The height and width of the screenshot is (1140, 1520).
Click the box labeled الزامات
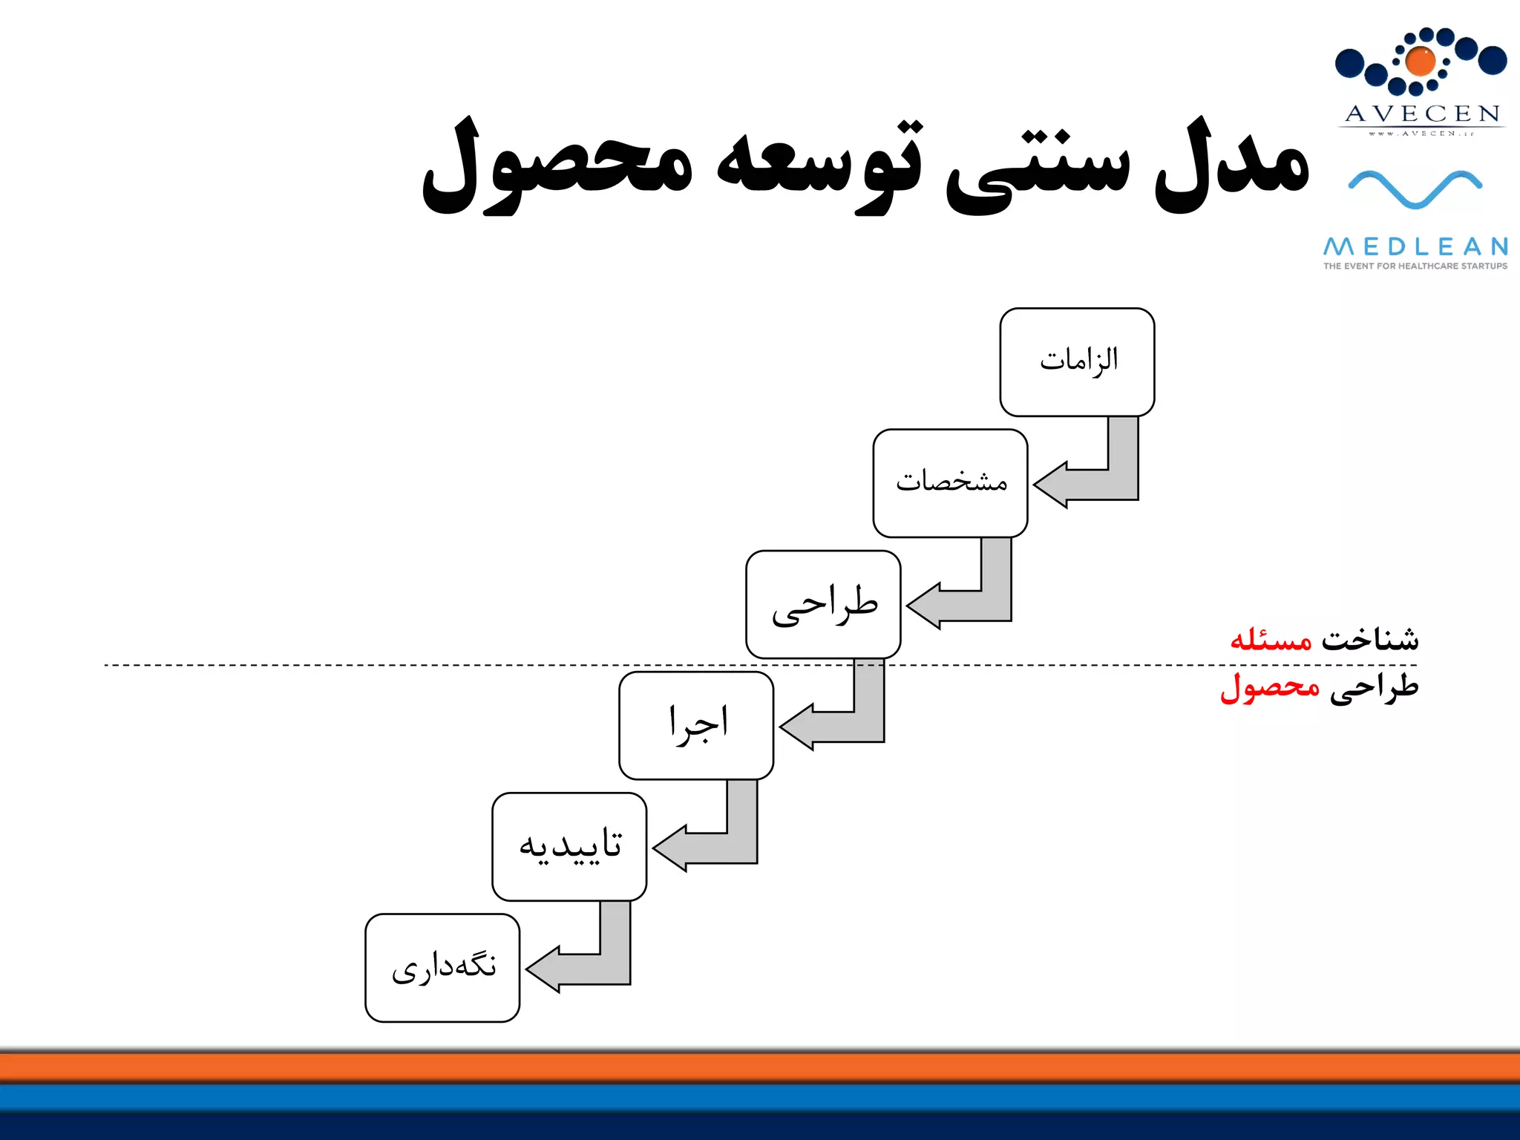click(x=1077, y=362)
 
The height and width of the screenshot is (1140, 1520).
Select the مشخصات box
click(x=950, y=483)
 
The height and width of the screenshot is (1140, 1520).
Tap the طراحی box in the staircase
click(x=823, y=604)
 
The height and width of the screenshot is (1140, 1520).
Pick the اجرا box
click(x=696, y=725)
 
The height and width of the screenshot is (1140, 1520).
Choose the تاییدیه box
click(x=569, y=846)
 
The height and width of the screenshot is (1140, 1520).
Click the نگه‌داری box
click(x=442, y=968)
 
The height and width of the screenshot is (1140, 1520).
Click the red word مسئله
click(x=1271, y=639)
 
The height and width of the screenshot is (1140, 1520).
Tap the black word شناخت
click(x=1370, y=639)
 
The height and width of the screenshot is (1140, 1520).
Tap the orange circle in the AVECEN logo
click(x=1421, y=62)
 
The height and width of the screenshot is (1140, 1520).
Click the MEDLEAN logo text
click(x=1415, y=246)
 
